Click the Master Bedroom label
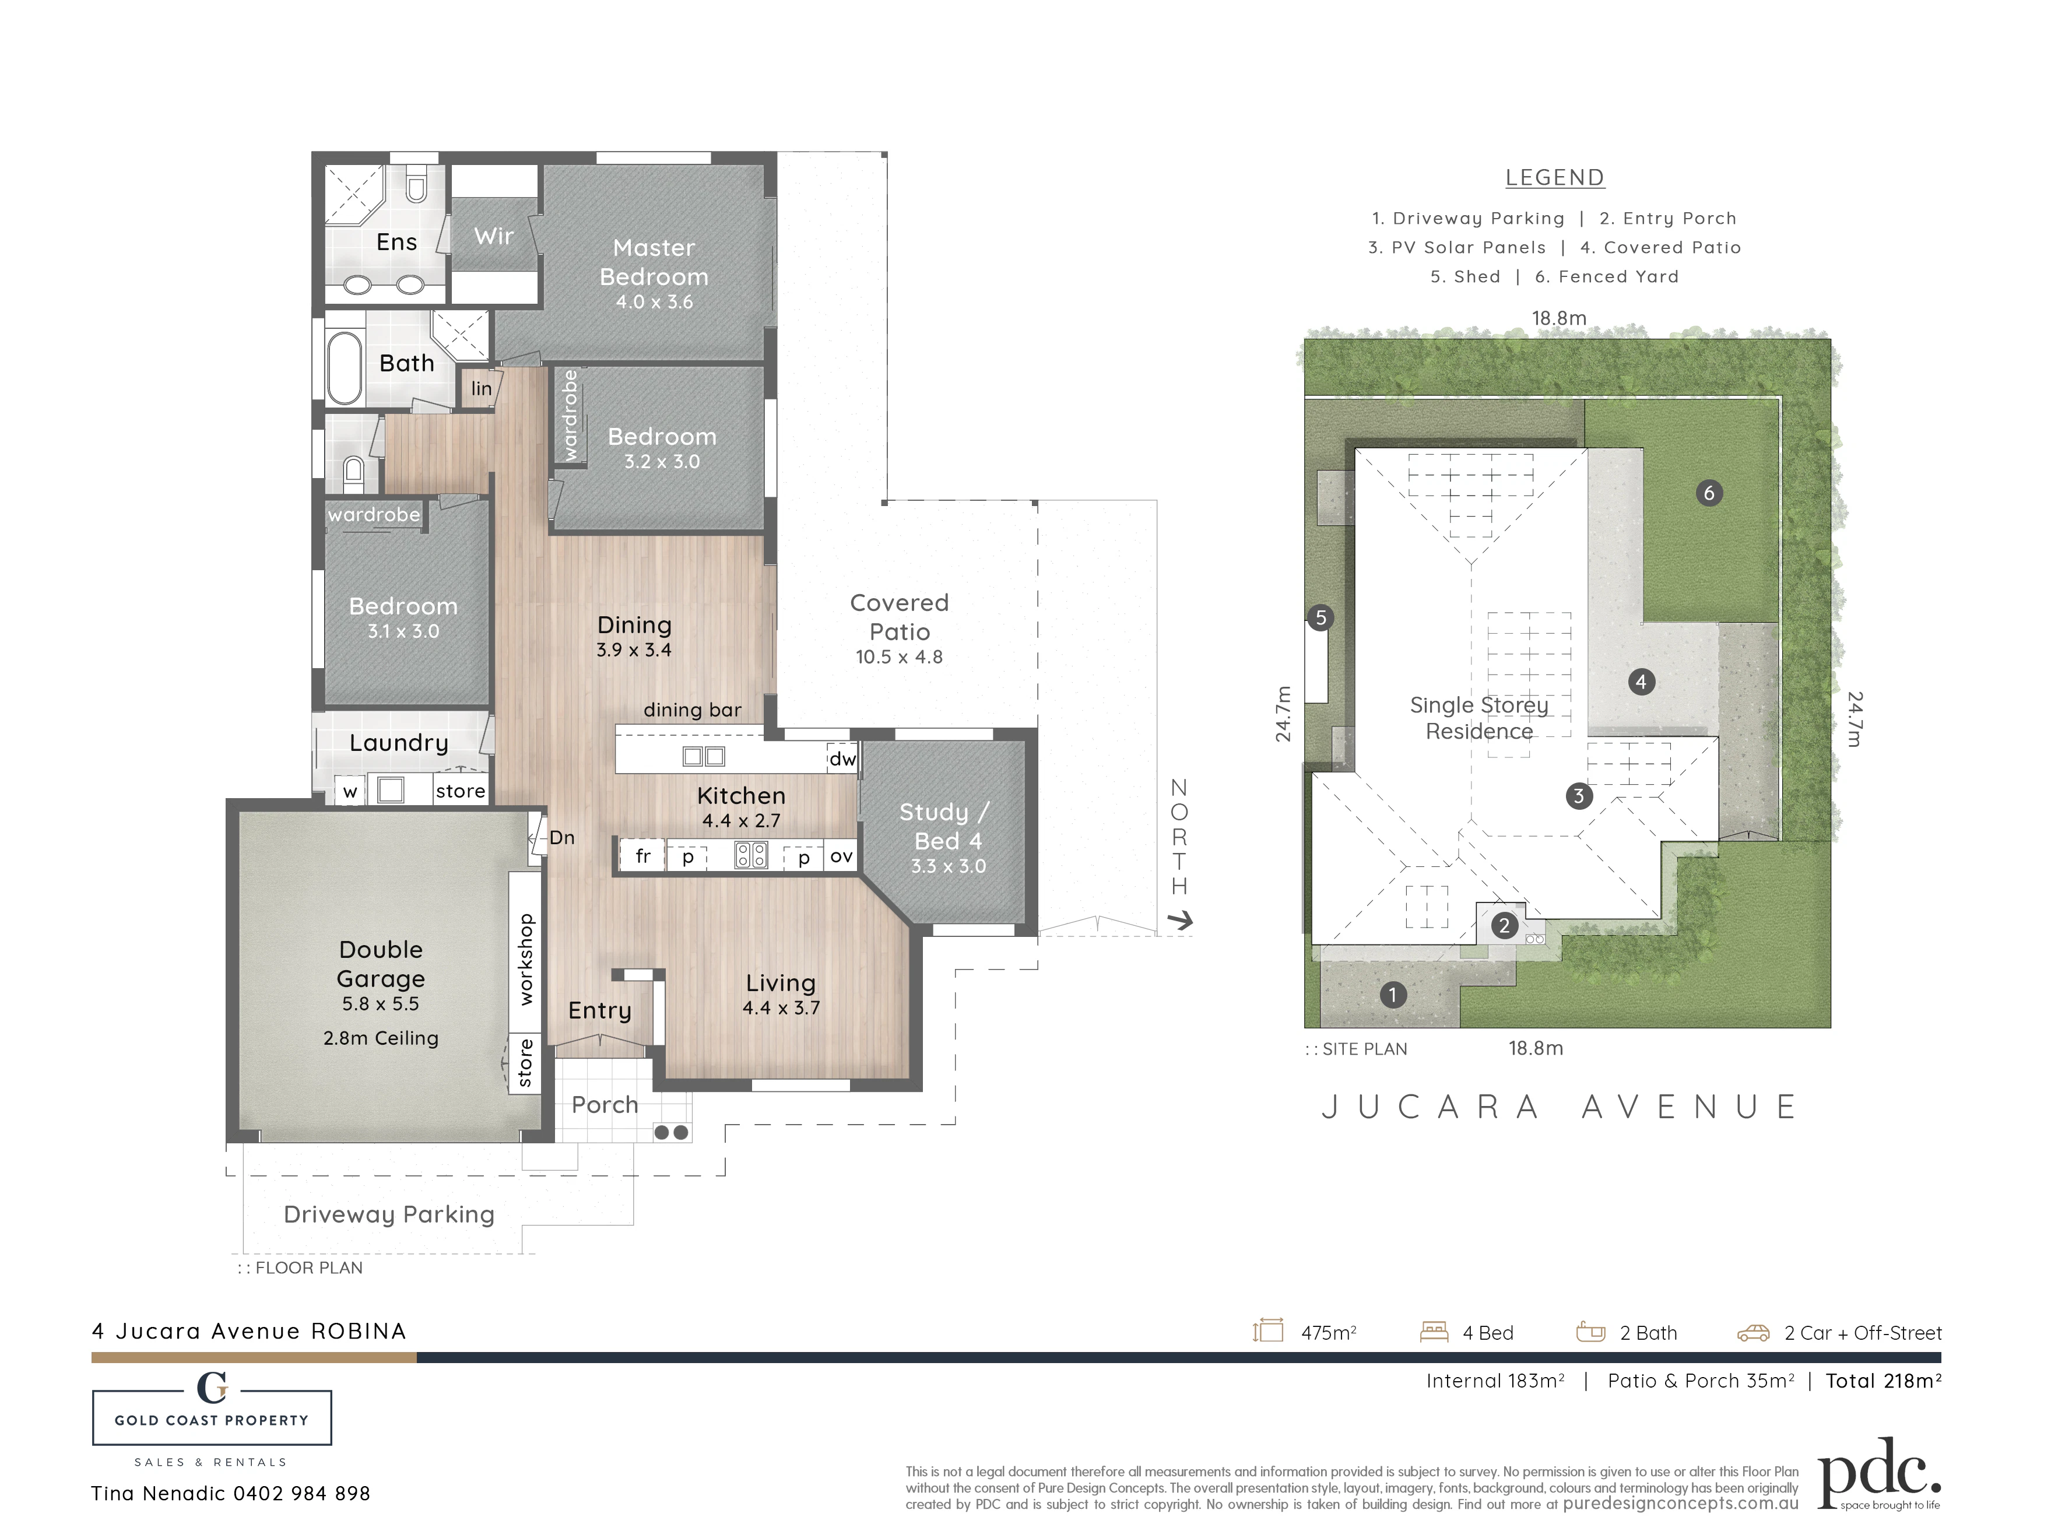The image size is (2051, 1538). [x=654, y=262]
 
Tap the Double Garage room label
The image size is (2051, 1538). [x=381, y=964]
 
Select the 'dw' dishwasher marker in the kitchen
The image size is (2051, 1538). [x=842, y=759]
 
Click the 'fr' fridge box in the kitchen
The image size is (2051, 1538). [x=642, y=856]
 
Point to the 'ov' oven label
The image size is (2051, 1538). [x=841, y=856]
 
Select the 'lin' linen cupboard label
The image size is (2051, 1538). [x=481, y=388]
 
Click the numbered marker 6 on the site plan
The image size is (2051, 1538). [x=1709, y=493]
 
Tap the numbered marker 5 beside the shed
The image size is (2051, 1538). [x=1320, y=617]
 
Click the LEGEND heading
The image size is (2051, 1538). [x=1555, y=178]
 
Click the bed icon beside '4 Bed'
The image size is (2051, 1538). [x=1434, y=1332]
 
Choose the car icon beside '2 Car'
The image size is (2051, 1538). [x=1753, y=1333]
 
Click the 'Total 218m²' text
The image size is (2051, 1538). [x=1883, y=1381]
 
